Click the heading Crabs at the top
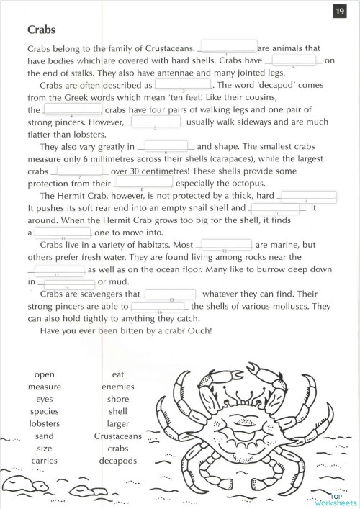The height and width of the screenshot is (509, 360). [42, 30]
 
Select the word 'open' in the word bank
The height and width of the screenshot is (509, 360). [45, 374]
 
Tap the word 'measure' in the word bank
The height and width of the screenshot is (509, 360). [45, 387]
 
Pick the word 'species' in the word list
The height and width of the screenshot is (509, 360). [45, 411]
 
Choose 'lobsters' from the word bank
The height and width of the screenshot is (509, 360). [45, 423]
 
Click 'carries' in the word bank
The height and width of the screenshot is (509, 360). [45, 460]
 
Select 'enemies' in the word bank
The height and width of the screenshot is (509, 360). [118, 387]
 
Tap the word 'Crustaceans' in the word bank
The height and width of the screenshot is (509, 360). [118, 436]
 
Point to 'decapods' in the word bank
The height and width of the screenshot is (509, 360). [118, 460]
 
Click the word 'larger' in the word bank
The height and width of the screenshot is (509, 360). [118, 423]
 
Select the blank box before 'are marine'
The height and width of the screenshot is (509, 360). [225, 244]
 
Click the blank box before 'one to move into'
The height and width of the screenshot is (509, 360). [63, 232]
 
